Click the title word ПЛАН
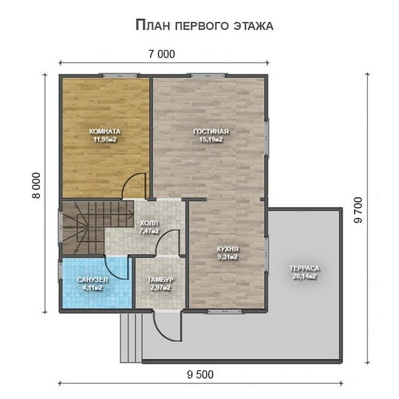tap(152, 25)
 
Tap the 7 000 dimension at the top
tap(162, 54)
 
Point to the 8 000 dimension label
tap(37, 185)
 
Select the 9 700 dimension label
tap(358, 210)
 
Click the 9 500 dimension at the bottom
tap(200, 374)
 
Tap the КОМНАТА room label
tap(105, 132)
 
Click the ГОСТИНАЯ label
tap(211, 132)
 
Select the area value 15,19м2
tap(211, 140)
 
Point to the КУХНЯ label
tap(228, 249)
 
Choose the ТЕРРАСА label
tap(304, 268)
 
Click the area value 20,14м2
tap(304, 276)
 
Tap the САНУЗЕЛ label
tap(92, 280)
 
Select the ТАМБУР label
tap(161, 279)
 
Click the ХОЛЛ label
tap(149, 223)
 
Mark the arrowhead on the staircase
tap(132, 214)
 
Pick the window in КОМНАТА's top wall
tap(120, 76)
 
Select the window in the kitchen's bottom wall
tap(224, 311)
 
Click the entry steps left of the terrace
tap(131, 338)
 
